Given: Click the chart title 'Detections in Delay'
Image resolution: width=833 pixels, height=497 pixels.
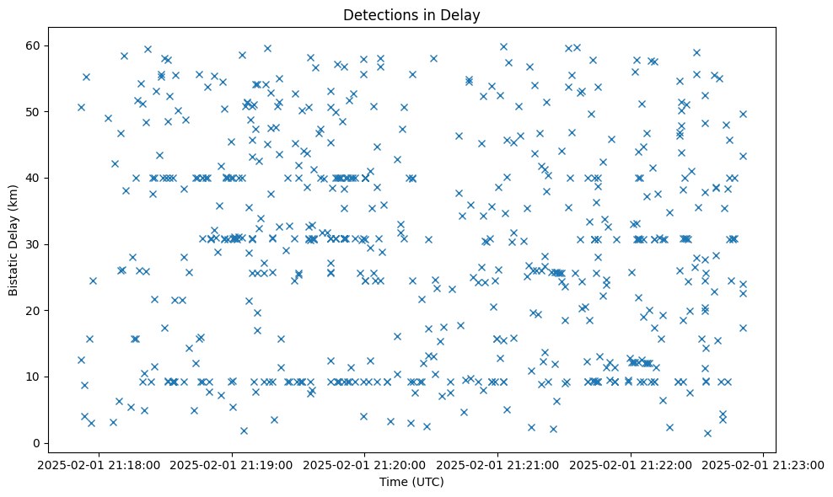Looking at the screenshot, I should point(411,15).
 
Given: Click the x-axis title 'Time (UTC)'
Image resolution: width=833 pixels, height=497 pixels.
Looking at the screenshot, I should point(411,483).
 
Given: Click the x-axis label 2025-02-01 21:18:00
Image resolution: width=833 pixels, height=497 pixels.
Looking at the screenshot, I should point(99,464).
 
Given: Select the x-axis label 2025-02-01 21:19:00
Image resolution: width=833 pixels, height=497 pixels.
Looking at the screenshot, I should point(232,464).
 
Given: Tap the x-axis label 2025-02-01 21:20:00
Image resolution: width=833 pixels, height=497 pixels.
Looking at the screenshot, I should point(365,464).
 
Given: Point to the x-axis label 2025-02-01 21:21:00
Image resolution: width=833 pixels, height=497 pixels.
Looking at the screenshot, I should point(498,464).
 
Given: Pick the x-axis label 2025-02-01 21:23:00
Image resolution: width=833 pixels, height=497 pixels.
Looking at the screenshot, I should point(764,464).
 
